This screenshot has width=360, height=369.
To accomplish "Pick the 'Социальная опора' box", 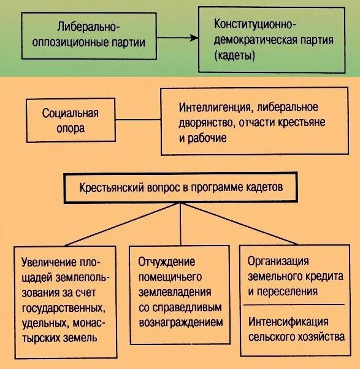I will click(x=71, y=121).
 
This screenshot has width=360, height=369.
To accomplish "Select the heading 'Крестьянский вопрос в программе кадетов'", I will click(x=181, y=188).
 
